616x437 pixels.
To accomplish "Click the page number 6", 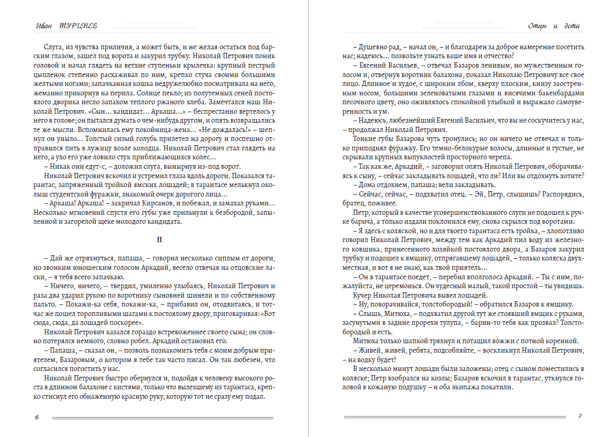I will pos(36,417).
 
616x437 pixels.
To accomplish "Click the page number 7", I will pos(579,417).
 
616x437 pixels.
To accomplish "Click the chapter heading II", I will pos(160,239).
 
